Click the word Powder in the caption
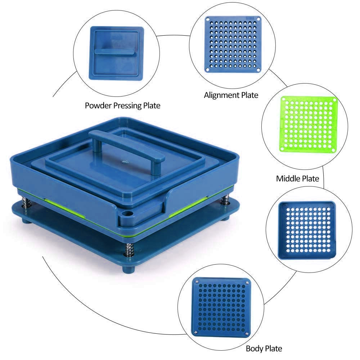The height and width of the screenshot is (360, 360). point(98,105)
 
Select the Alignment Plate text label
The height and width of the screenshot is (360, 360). point(231,95)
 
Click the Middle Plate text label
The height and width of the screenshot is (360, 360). point(298,179)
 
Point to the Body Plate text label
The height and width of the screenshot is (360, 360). point(264,348)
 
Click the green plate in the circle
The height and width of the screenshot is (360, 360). point(309,124)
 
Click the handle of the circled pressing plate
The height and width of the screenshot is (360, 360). point(114,51)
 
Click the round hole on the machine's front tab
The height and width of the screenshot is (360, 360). point(127,213)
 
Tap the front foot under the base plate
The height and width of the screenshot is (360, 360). point(129,269)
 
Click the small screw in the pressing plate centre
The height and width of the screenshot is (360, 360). point(125,162)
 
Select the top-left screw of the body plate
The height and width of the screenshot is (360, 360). point(197,281)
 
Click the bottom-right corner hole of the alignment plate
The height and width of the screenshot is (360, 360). point(258,69)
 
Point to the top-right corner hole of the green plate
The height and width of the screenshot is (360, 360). point(334,100)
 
